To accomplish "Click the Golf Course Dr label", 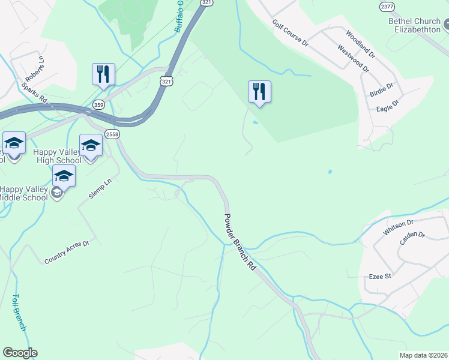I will [x=290, y=34].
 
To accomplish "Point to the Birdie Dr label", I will [x=381, y=89].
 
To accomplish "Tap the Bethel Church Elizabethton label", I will [x=414, y=25].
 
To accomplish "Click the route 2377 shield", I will [x=387, y=6].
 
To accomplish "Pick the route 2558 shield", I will [x=112, y=133].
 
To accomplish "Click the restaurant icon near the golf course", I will [x=259, y=92].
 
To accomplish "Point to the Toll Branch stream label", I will [x=19, y=313].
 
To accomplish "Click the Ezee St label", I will [x=380, y=277].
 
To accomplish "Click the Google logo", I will [x=20, y=353].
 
